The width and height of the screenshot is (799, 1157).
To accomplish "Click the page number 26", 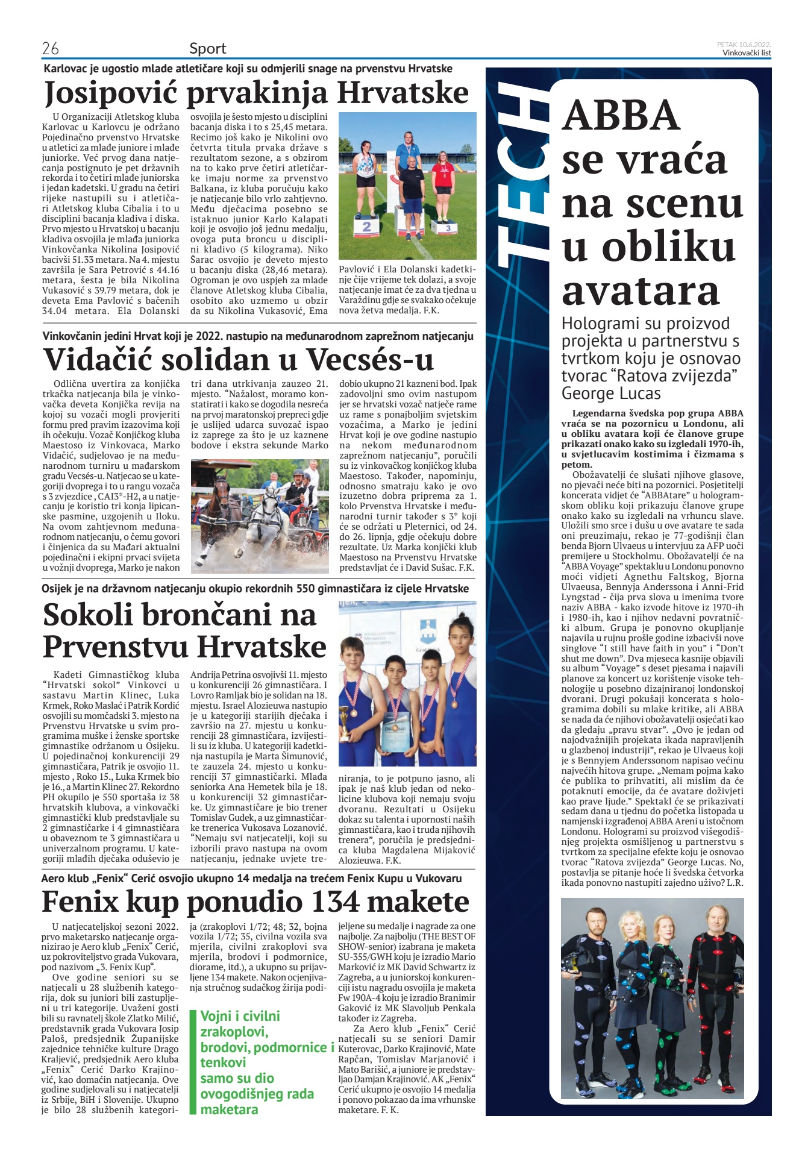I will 51,48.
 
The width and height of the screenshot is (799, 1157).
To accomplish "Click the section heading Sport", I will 208,48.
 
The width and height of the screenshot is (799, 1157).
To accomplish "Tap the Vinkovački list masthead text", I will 747,52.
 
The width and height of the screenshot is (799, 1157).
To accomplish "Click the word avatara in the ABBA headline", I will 641,290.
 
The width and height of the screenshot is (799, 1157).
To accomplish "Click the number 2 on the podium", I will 366,227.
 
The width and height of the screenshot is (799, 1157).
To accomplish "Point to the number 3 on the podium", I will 448,228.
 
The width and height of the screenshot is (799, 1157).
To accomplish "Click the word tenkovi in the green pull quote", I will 223,1063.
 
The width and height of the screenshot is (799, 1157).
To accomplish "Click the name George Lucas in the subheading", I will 611,394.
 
